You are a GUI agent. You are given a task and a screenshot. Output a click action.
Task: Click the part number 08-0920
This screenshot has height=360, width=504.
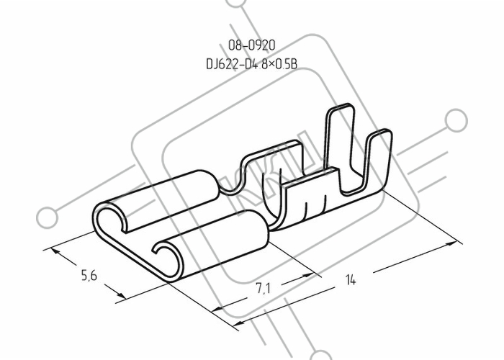click(252, 45)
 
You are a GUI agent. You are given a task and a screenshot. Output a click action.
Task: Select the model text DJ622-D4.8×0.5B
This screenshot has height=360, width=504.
click(252, 63)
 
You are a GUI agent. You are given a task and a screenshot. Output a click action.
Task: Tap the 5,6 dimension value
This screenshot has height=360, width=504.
click(89, 276)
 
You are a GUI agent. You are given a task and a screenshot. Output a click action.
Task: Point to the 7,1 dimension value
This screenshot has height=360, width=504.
click(263, 288)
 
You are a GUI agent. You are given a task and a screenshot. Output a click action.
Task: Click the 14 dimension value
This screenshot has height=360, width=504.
click(351, 279)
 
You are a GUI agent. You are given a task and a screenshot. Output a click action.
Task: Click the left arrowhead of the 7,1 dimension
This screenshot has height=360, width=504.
click(218, 309)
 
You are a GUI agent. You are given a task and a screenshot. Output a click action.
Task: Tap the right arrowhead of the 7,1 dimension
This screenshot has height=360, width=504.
click(308, 276)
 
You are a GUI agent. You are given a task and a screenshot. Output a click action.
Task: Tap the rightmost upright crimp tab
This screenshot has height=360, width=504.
click(379, 161)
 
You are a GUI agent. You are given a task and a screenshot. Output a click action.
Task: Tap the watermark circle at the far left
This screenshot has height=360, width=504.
click(48, 217)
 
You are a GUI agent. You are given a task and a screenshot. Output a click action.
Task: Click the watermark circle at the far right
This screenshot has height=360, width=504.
click(456, 120)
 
